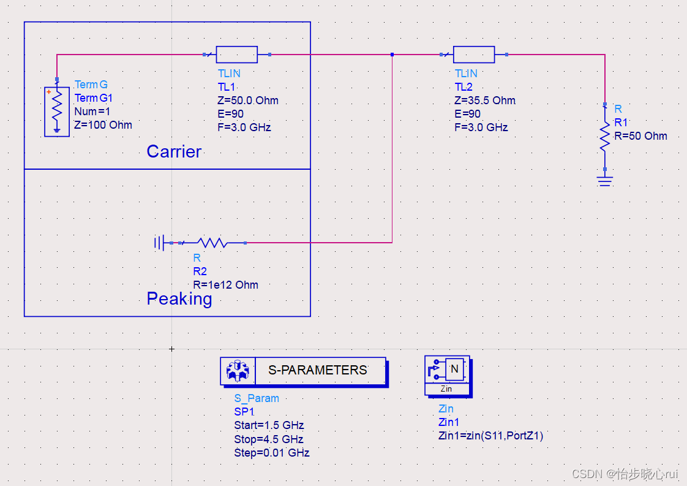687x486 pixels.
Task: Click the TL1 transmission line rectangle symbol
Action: (237, 55)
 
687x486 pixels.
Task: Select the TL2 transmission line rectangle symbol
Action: (473, 55)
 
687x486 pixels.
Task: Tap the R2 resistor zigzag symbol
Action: (213, 243)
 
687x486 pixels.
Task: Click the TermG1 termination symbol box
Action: (57, 112)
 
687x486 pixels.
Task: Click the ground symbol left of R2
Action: (160, 243)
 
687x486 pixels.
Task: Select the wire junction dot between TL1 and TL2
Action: (392, 55)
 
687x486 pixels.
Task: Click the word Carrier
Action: (174, 151)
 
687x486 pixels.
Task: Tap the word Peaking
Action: (179, 298)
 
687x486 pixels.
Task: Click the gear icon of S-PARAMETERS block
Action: (237, 371)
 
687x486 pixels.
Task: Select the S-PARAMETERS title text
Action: (318, 370)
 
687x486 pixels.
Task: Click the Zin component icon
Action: (447, 371)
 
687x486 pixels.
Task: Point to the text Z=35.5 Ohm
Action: (485, 101)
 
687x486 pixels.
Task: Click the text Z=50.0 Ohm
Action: (249, 101)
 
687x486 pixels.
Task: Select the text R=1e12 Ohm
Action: (225, 285)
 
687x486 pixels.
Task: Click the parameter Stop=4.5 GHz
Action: (269, 439)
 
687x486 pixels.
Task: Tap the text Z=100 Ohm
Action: (103, 125)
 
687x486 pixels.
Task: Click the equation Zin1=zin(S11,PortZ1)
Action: (491, 436)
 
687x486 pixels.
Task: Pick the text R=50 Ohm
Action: (640, 136)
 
